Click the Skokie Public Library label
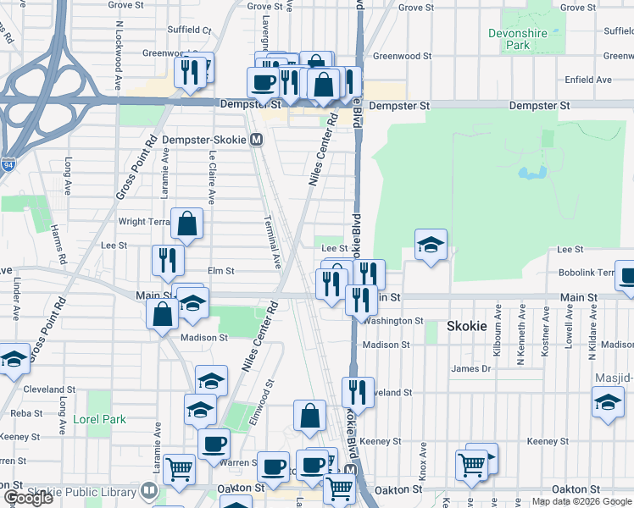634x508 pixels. point(82,492)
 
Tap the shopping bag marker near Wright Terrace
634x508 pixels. point(187,224)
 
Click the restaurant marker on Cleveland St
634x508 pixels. point(358,391)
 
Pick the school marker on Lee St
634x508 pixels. point(431,246)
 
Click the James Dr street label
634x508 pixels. point(470,368)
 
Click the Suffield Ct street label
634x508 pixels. point(188,30)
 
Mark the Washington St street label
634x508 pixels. point(396,321)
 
